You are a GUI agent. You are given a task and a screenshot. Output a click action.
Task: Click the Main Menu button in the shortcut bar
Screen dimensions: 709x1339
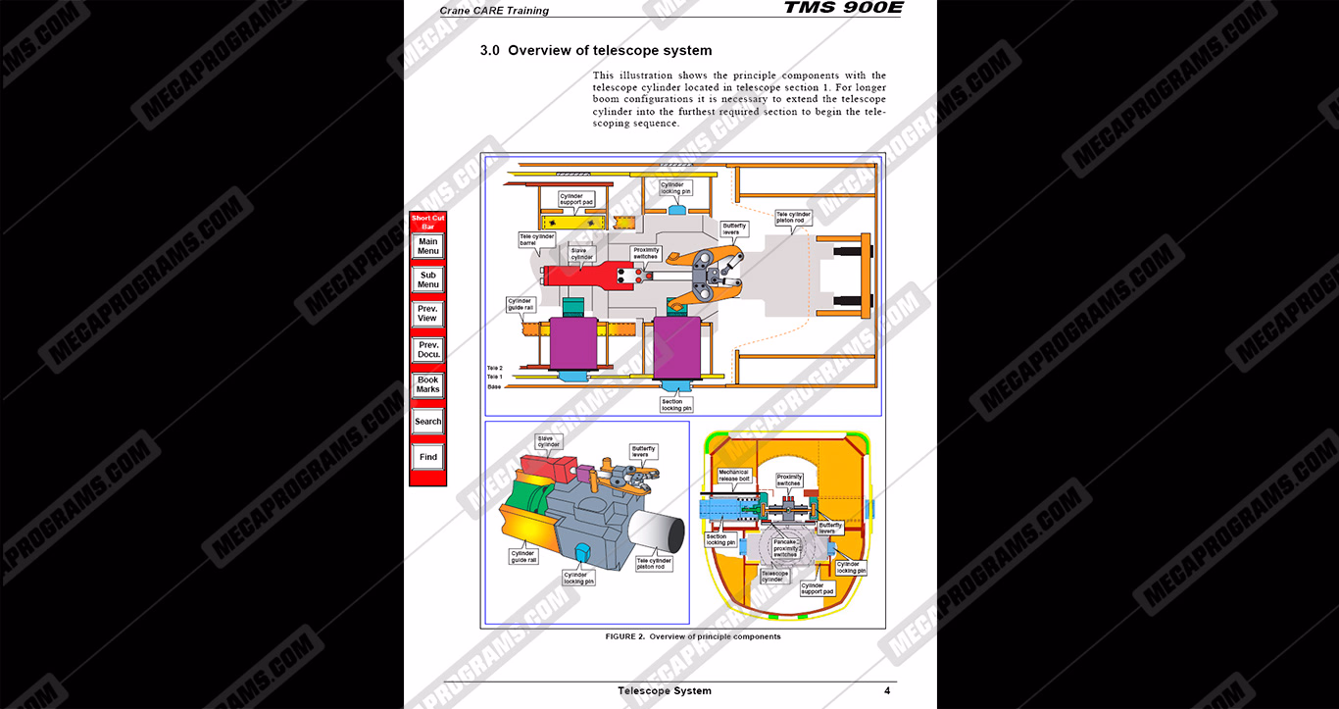point(428,246)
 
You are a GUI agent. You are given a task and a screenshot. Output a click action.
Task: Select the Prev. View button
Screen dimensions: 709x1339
point(428,314)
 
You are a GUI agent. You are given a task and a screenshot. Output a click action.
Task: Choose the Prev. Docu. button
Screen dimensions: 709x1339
point(428,350)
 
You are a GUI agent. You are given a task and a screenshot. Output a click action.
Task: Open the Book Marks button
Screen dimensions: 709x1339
point(428,385)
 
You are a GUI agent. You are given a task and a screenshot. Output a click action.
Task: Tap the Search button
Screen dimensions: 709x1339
point(428,422)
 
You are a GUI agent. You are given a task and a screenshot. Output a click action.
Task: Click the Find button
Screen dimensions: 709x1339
point(428,457)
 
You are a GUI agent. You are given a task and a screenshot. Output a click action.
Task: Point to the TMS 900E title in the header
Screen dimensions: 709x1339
point(843,9)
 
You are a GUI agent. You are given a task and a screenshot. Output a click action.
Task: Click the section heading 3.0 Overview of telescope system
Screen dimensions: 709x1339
point(595,51)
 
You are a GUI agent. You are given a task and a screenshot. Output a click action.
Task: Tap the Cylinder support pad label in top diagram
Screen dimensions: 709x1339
point(576,199)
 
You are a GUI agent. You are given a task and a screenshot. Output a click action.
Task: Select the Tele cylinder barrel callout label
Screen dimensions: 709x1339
point(537,239)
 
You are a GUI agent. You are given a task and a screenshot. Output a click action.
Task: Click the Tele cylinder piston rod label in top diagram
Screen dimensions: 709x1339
point(794,218)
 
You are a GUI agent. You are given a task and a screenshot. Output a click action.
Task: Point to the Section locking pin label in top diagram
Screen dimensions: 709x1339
point(675,405)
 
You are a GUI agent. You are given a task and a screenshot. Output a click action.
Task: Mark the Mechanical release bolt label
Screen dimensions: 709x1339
point(734,476)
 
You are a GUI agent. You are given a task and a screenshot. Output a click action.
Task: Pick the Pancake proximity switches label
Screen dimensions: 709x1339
point(785,547)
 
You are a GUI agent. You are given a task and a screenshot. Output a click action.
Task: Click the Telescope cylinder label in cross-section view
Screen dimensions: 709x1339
point(774,576)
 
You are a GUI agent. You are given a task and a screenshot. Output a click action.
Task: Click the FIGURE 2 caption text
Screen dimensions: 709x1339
point(693,636)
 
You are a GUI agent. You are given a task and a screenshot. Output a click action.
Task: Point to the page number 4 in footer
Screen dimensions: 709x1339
point(887,690)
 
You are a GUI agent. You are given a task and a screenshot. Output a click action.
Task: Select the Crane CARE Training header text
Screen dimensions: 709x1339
point(494,11)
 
